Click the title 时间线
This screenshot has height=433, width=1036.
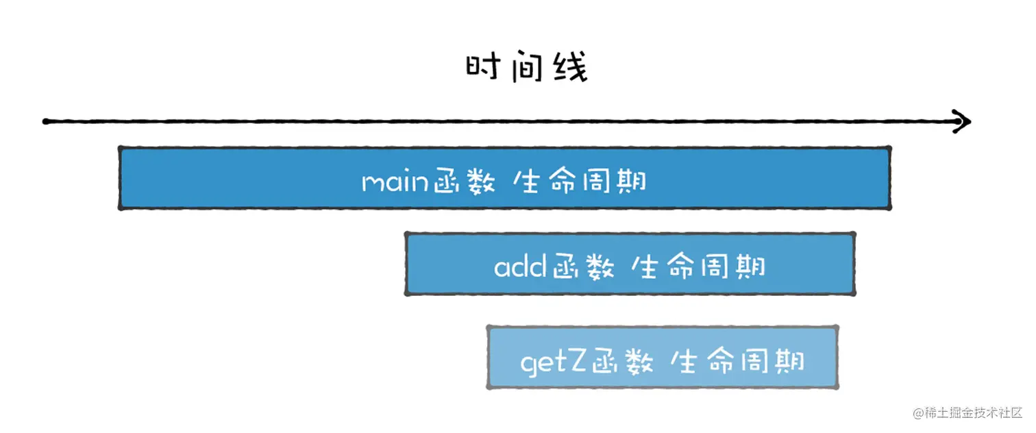pos(526,69)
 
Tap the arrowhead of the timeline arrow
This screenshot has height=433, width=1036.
pos(965,122)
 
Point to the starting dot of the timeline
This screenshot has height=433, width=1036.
pos(45,122)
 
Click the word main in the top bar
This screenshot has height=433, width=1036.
pos(396,183)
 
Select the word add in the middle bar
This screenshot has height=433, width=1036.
pos(520,267)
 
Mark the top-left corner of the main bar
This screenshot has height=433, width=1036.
pos(120,148)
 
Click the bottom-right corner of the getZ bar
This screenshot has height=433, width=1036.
pos(837,387)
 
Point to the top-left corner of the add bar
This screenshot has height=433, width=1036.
pos(407,234)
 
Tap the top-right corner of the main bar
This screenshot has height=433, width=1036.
pos(889,148)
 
